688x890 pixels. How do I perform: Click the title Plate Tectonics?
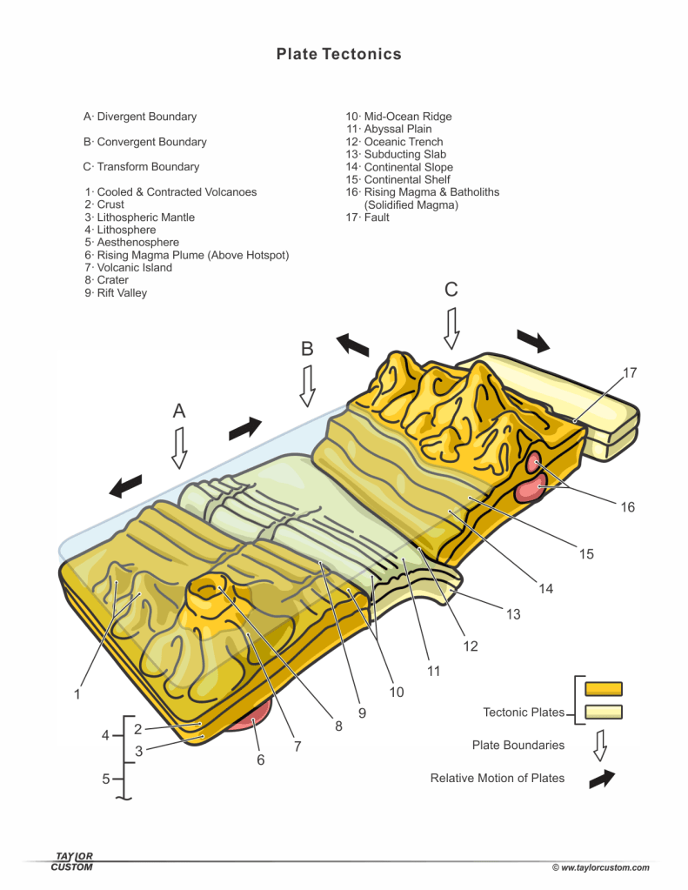[339, 54]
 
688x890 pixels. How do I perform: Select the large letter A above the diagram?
[179, 412]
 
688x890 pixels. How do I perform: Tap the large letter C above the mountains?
[451, 290]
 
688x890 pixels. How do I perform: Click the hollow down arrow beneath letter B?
[306, 385]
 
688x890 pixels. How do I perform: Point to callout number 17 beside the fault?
[630, 372]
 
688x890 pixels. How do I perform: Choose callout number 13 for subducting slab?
[513, 614]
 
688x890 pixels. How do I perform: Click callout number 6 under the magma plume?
[260, 760]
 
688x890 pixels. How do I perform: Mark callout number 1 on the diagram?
[77, 694]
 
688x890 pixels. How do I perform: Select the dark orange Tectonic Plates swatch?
[604, 689]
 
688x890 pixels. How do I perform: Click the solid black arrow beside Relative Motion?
[601, 779]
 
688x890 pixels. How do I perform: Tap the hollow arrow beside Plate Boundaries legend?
[599, 746]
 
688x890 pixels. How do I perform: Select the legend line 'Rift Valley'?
[117, 293]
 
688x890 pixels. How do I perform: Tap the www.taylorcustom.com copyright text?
[600, 867]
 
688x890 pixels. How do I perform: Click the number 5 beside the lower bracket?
[106, 779]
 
